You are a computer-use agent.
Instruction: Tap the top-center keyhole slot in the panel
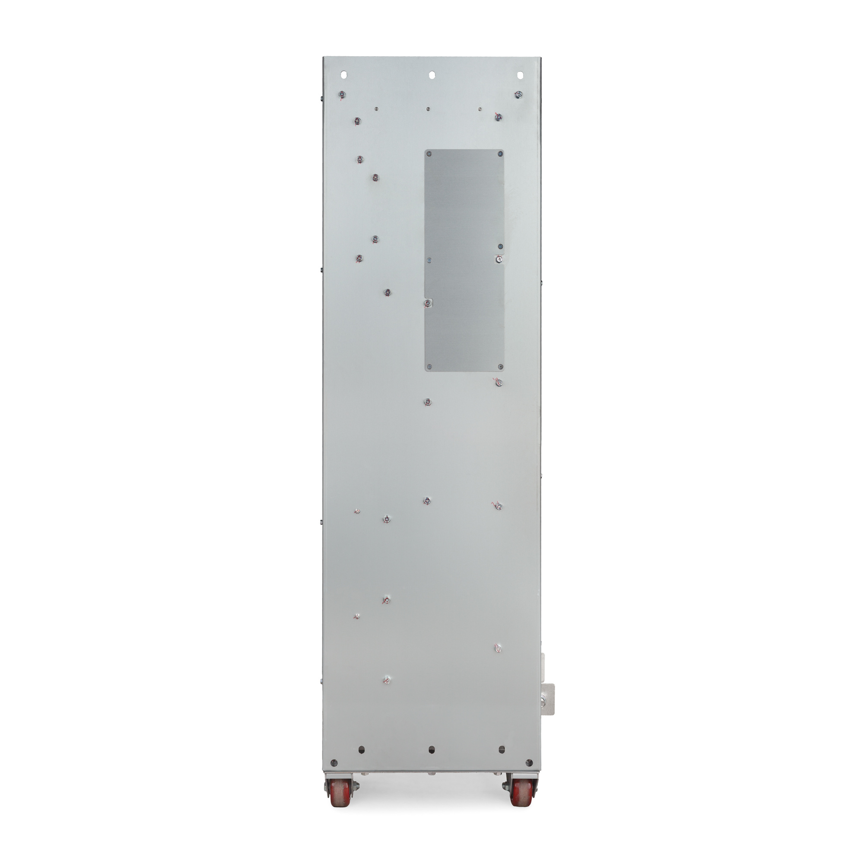[432, 75]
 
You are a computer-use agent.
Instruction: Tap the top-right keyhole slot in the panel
[520, 75]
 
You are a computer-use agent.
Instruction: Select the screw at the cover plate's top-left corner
[429, 154]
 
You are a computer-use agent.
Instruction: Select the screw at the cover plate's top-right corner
[500, 154]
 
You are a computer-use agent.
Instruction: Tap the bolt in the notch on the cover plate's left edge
[428, 303]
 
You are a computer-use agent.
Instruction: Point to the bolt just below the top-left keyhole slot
[342, 94]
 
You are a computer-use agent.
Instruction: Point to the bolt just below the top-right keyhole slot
[519, 94]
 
